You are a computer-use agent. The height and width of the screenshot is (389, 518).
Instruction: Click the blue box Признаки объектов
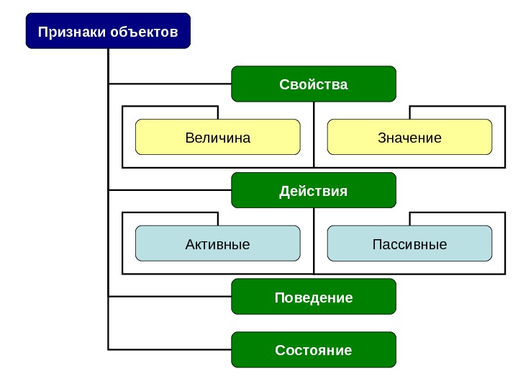[108, 31]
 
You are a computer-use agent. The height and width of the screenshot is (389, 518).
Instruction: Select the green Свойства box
[314, 84]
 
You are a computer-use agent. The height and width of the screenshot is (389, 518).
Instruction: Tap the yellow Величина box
[217, 138]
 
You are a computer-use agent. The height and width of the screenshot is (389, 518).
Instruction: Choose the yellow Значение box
[409, 138]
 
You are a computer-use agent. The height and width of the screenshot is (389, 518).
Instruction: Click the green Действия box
[314, 191]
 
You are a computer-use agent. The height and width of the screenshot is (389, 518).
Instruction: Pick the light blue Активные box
[217, 243]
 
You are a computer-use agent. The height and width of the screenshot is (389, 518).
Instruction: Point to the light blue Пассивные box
[409, 243]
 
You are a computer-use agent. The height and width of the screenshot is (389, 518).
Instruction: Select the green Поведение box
[314, 297]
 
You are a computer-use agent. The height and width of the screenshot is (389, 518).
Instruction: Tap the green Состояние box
[314, 350]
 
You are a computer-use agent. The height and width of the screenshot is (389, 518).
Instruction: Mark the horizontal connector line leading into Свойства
[170, 84]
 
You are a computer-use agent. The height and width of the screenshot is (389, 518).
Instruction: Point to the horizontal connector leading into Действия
[170, 190]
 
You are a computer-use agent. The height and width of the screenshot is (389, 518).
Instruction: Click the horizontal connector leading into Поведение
[170, 296]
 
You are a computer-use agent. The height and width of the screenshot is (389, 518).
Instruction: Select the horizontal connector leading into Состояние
[170, 349]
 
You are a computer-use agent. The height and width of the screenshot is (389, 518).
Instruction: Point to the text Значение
[409, 138]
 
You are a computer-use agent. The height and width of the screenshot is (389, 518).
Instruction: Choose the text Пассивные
[409, 244]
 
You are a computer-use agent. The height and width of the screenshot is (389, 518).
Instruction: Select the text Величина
[217, 138]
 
